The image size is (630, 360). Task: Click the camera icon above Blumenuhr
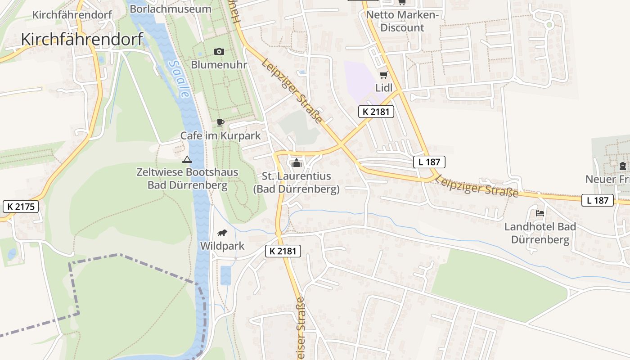pyautogui.click(x=219, y=51)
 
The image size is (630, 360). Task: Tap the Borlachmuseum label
pyautogui.click(x=170, y=9)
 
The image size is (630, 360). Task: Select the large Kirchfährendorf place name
pyautogui.click(x=82, y=39)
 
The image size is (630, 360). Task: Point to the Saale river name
pyautogui.click(x=178, y=79)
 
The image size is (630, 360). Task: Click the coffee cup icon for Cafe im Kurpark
pyautogui.click(x=220, y=122)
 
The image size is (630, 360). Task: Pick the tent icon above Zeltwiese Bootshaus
pyautogui.click(x=187, y=159)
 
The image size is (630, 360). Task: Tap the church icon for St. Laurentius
pyautogui.click(x=297, y=163)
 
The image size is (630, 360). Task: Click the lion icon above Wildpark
pyautogui.click(x=222, y=233)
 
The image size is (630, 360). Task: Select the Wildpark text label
pyautogui.click(x=222, y=246)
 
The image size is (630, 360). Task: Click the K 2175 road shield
pyautogui.click(x=21, y=207)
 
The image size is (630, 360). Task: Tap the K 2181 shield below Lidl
pyautogui.click(x=376, y=112)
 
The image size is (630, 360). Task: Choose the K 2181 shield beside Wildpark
pyautogui.click(x=283, y=251)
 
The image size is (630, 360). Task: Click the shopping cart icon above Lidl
pyautogui.click(x=383, y=75)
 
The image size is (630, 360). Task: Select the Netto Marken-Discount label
pyautogui.click(x=402, y=21)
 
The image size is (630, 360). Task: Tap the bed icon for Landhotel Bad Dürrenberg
pyautogui.click(x=540, y=213)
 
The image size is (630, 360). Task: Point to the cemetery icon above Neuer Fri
pyautogui.click(x=622, y=166)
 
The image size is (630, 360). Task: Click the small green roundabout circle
pyautogui.click(x=549, y=25)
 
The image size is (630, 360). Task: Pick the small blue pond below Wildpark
pyautogui.click(x=225, y=275)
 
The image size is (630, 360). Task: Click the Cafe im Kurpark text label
pyautogui.click(x=220, y=135)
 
